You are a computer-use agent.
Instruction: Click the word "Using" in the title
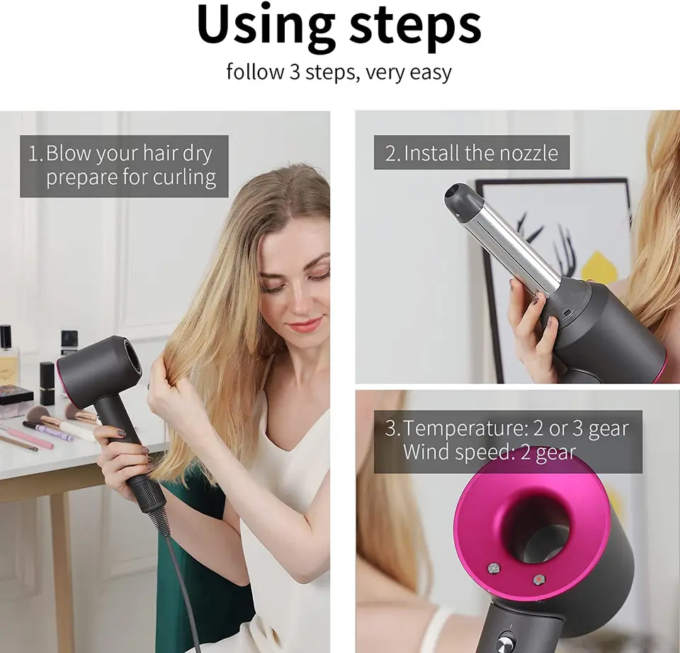[263, 25]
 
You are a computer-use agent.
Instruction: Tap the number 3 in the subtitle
[295, 72]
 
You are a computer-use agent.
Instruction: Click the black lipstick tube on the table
[47, 382]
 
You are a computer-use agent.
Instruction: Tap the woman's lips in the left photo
[305, 324]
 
